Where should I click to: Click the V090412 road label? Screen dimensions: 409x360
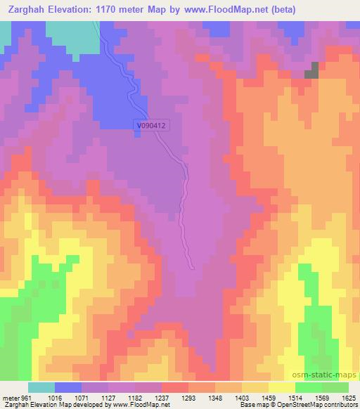(153, 126)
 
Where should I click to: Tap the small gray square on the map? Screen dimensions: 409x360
(311, 70)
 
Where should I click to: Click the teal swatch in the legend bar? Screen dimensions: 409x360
(41, 387)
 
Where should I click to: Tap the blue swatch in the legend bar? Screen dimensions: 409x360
(67, 387)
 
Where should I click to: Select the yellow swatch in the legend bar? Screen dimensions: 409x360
(281, 387)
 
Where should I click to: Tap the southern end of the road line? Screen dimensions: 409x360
(193, 266)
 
